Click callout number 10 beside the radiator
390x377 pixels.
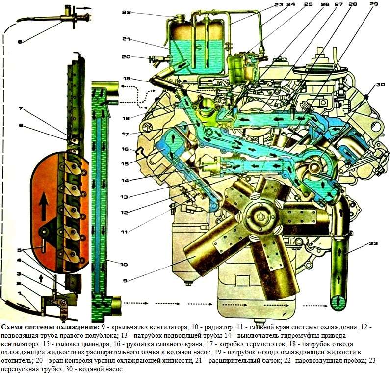tap(123, 265)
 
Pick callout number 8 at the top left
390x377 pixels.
tap(20, 42)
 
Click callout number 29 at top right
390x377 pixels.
tap(373, 4)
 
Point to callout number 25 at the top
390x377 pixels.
tap(308, 4)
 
